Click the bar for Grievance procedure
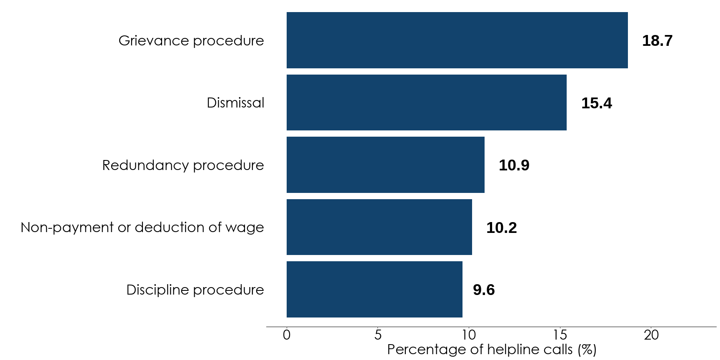457,40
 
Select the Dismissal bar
426,102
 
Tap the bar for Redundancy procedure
385,165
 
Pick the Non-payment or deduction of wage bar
379,227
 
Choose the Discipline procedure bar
374,289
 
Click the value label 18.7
657,40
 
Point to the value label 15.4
596,103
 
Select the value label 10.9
514,165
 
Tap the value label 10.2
501,227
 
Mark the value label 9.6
483,290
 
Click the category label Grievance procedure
191,40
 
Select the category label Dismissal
235,102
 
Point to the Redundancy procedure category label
183,165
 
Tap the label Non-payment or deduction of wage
142,227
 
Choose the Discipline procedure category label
195,290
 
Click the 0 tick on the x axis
287,335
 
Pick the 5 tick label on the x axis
378,335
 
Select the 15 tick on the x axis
560,335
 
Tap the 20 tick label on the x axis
651,335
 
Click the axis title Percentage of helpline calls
492,349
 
